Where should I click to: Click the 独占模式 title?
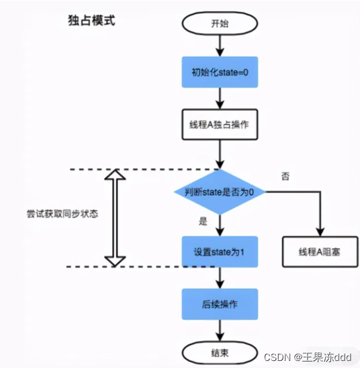coord(91,21)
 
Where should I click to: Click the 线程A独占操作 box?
coord(220,124)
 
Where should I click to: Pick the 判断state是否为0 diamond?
coord(220,191)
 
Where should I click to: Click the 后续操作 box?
coord(220,304)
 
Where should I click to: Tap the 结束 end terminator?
coord(220,354)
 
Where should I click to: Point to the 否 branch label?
coord(286,176)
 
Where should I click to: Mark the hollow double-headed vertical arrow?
coord(116,217)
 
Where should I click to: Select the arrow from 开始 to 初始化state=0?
coord(220,45)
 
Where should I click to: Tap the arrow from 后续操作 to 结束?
coord(220,331)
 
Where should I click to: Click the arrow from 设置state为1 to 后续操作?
coord(220,278)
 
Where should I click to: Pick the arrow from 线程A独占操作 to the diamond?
coord(220,155)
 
